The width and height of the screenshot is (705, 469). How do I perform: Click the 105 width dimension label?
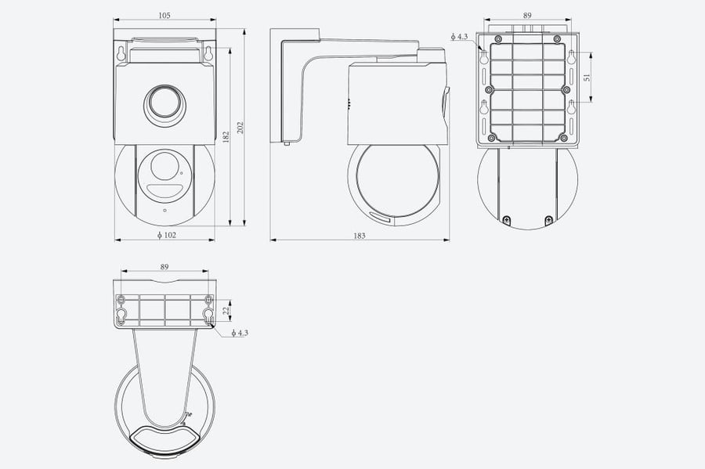coord(164,16)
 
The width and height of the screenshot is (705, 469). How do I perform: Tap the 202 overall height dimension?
coord(240,128)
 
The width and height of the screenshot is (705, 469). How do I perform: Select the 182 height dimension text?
coord(226,137)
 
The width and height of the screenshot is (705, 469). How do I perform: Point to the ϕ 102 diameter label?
coord(167,235)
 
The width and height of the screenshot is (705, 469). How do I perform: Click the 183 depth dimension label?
coord(360,236)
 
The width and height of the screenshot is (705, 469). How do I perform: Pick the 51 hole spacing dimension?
coord(586,78)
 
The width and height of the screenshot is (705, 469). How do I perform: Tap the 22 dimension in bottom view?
coord(226,309)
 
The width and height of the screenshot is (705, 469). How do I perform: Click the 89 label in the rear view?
coord(527,16)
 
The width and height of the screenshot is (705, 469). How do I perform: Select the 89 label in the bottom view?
coord(164,267)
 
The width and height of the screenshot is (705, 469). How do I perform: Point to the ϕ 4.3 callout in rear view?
coord(459,36)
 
